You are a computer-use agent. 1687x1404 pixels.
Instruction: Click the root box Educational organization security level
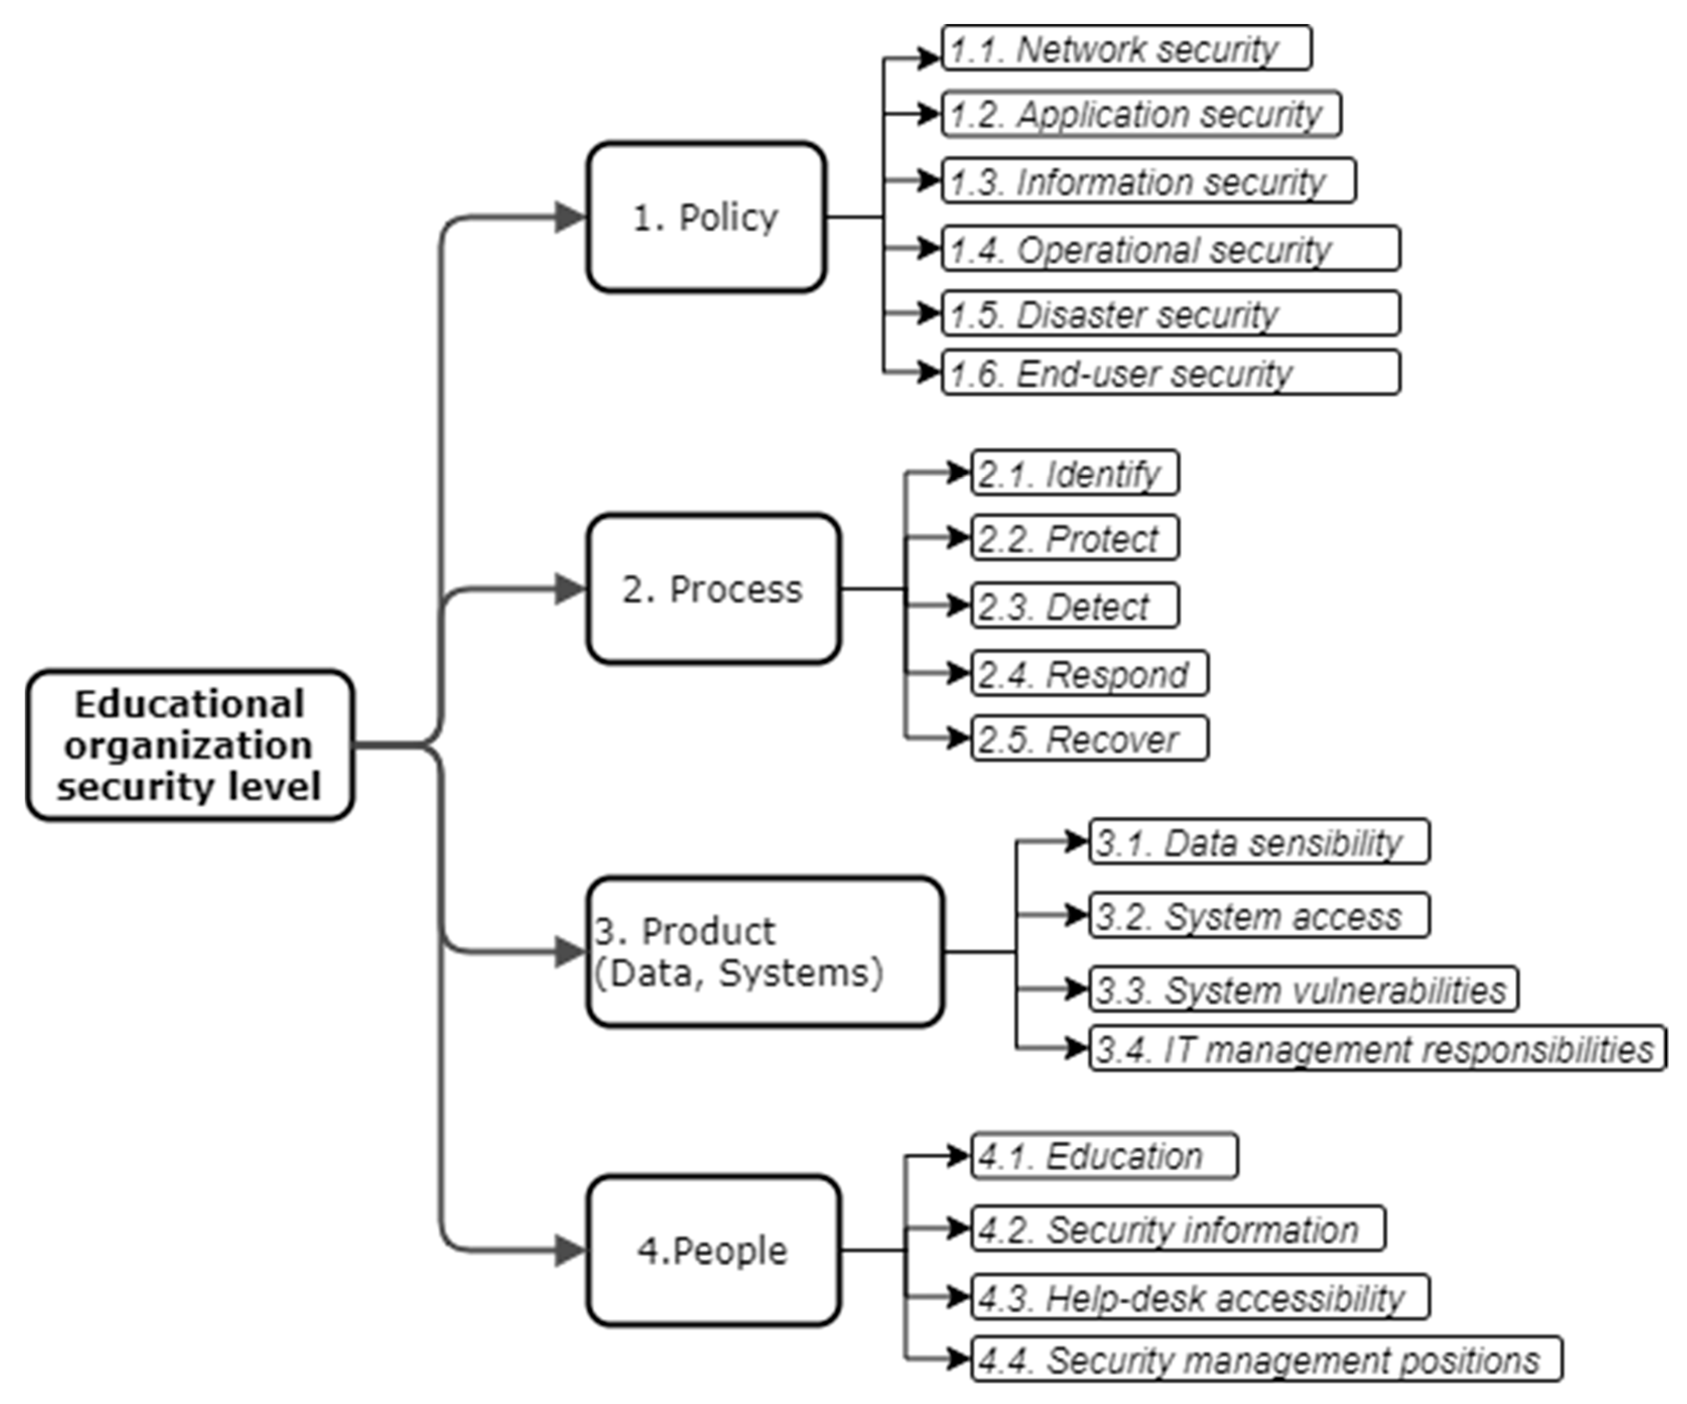[x=189, y=745]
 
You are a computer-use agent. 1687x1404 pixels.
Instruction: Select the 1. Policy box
[x=705, y=217]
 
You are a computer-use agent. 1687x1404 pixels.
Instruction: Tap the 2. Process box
[x=713, y=589]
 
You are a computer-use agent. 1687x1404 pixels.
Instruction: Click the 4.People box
[x=713, y=1250]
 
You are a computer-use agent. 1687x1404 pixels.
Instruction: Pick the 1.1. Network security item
[x=1126, y=48]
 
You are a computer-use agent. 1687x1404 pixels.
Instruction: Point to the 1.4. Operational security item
[x=1171, y=248]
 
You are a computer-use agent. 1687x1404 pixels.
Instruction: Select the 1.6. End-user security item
[x=1171, y=373]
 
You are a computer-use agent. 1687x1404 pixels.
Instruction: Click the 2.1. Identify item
[x=1075, y=473]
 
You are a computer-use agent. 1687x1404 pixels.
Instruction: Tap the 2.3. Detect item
[x=1075, y=605]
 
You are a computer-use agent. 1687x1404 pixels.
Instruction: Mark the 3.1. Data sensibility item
[x=1259, y=842]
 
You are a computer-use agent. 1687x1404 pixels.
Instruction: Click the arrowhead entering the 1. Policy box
[x=570, y=217]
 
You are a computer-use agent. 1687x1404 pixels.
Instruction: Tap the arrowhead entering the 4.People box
[x=570, y=1250]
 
